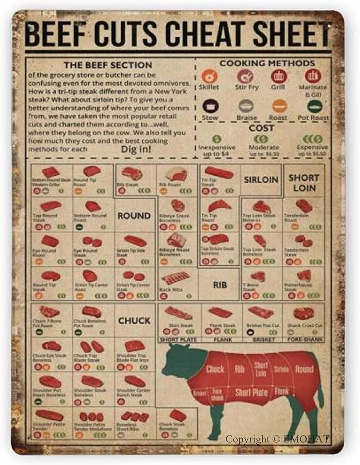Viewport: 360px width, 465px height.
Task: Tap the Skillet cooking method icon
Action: [x=208, y=77]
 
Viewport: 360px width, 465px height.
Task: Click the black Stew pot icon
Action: [x=210, y=107]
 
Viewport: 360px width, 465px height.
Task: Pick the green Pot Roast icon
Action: [x=314, y=107]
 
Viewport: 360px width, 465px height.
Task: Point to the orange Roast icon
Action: [x=279, y=107]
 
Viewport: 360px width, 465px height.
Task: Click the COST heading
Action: [x=261, y=128]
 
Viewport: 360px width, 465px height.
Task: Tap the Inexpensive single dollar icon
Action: [x=217, y=138]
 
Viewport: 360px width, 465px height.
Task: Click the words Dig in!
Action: [x=136, y=149]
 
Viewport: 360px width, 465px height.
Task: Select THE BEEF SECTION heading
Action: [x=108, y=65]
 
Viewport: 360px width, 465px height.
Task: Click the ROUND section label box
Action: [x=134, y=216]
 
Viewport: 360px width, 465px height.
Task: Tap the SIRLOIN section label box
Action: [x=261, y=180]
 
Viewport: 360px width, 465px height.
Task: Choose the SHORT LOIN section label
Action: [x=304, y=183]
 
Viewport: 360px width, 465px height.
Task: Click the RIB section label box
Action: [x=220, y=285]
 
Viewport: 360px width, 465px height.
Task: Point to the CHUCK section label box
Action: [x=134, y=321]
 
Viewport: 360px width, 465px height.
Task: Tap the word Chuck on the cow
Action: [x=215, y=369]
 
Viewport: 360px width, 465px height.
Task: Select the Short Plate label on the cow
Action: [x=251, y=392]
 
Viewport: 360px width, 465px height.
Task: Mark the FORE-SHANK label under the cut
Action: [x=304, y=339]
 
